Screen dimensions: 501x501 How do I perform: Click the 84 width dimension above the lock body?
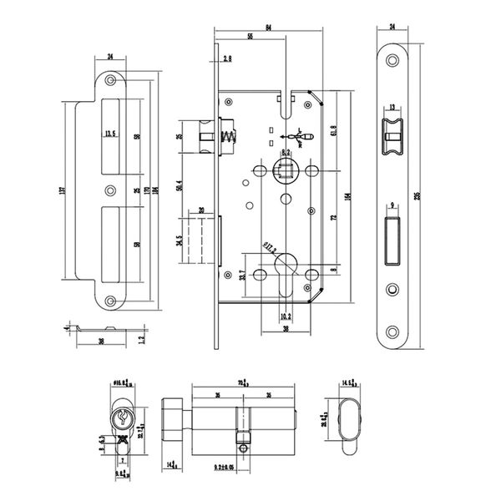(267, 29)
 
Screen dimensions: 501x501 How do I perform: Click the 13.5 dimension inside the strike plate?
(111, 133)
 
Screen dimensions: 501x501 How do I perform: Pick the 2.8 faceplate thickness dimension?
(227, 58)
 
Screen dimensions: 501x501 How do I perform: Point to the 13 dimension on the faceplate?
(392, 109)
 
